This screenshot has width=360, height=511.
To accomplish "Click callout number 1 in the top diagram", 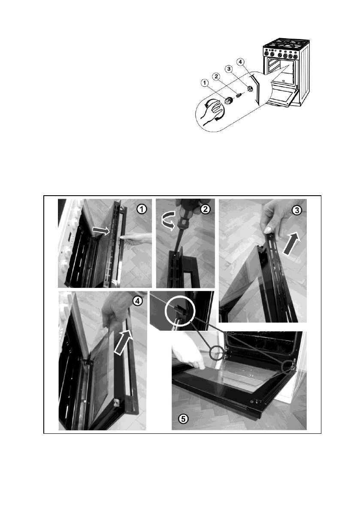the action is [x=205, y=83].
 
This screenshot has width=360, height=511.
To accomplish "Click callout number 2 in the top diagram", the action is [x=216, y=76].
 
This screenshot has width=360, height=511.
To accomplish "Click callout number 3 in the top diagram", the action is [x=229, y=69].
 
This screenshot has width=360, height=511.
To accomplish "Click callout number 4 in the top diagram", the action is [x=240, y=62].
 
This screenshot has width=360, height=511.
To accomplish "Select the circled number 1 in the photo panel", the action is [x=141, y=209].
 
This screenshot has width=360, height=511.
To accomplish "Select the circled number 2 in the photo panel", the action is [x=206, y=209].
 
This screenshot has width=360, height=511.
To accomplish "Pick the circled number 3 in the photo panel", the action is [x=296, y=211].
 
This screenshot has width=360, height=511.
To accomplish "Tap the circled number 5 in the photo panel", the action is [x=183, y=419].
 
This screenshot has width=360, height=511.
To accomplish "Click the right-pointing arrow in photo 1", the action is [x=101, y=230].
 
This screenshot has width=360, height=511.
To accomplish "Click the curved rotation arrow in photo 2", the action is [x=169, y=225].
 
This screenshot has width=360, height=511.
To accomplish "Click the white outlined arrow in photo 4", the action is [x=124, y=342].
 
